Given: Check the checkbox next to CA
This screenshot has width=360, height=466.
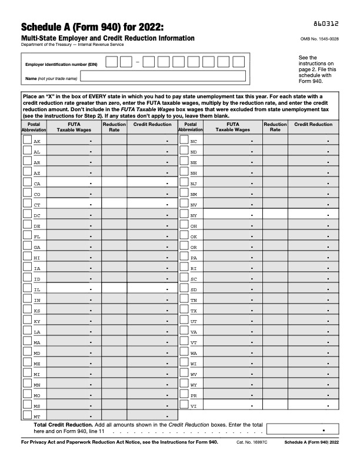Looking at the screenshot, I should tap(27, 183).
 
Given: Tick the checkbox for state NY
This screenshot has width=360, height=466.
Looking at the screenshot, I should tap(184, 215).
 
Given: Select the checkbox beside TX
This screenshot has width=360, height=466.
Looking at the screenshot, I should tap(184, 309).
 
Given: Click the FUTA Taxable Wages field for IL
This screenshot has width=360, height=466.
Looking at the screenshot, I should tap(74, 289).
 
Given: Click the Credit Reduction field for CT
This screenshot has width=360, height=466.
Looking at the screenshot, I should tap(152, 204).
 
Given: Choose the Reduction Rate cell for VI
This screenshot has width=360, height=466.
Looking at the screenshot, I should tap(275, 405).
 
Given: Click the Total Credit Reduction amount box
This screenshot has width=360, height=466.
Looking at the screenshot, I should tap(302, 429).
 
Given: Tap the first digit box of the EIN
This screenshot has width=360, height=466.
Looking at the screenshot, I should tap(111, 62).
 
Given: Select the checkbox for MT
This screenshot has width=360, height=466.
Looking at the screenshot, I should tap(27, 415).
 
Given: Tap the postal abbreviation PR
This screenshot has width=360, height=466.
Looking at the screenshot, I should tap(194, 395).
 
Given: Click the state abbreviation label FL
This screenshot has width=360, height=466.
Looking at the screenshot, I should tap(37, 237).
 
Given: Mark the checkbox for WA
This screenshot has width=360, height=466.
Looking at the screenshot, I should tap(184, 352).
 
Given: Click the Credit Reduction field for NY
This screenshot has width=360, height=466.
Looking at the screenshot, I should tap(313, 215).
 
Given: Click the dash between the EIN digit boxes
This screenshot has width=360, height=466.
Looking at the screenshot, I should tap(137, 62).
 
